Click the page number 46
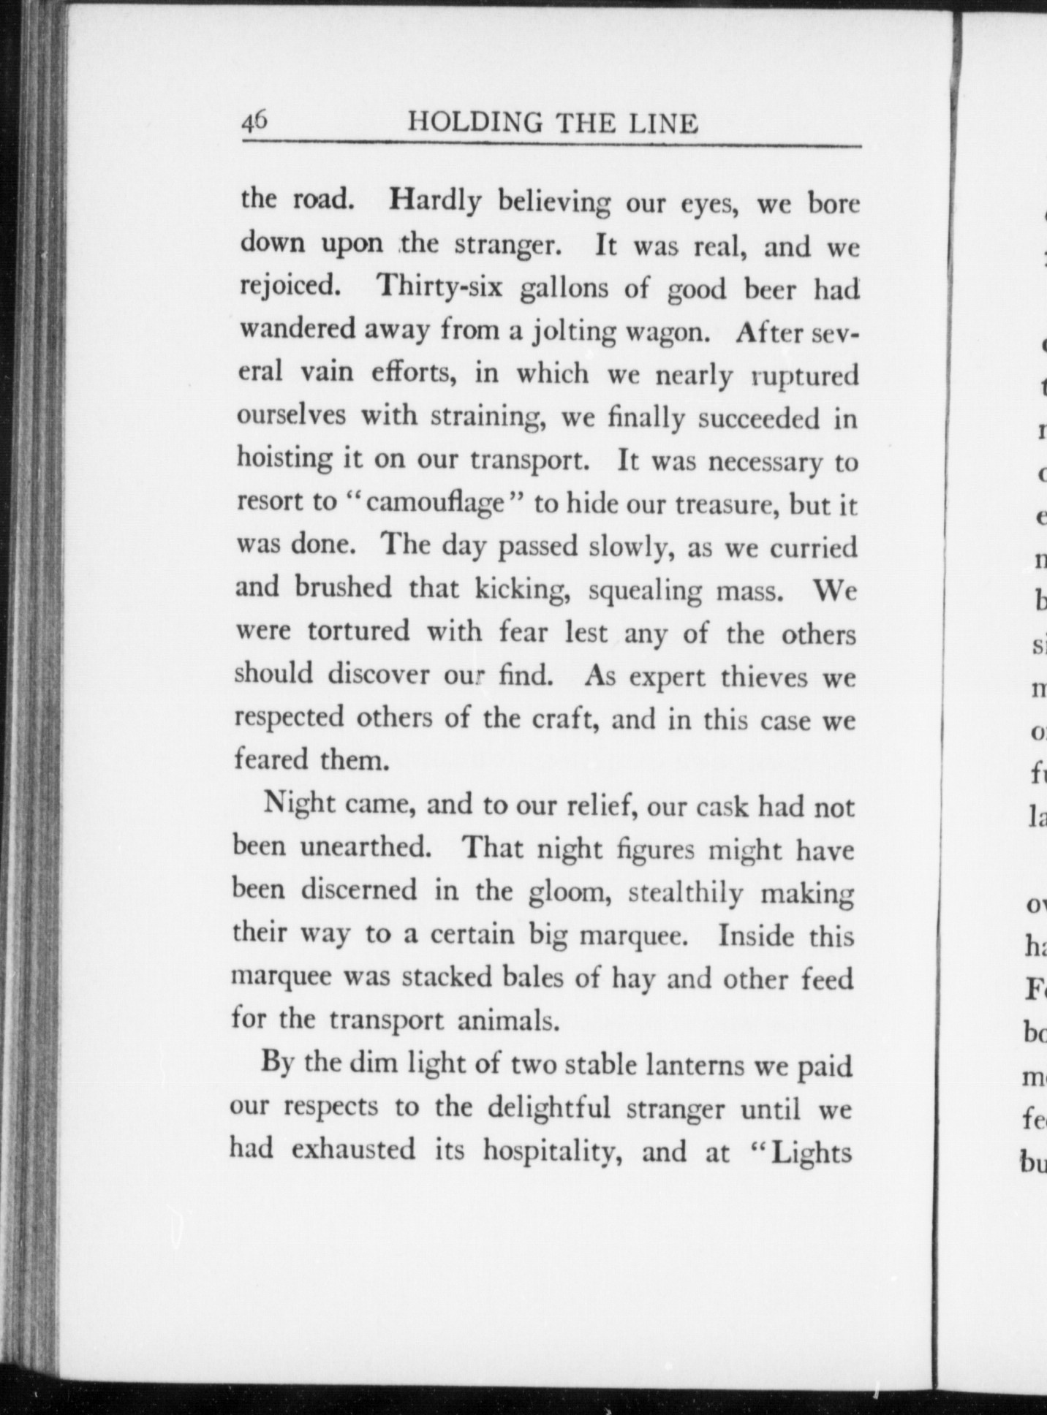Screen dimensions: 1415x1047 pyautogui.click(x=256, y=121)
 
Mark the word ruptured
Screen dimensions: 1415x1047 pyautogui.click(x=804, y=376)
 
